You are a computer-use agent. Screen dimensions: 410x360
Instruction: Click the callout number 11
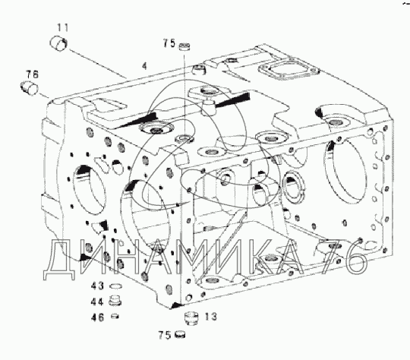point(63,27)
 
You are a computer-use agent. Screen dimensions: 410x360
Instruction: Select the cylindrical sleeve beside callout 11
point(58,43)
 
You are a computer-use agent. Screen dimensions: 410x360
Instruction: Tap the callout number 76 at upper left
point(32,74)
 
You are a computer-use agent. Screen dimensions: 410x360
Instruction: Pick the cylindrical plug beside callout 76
point(29,88)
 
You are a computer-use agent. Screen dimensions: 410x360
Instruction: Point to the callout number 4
point(144,66)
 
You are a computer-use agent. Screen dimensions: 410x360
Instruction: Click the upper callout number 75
point(169,43)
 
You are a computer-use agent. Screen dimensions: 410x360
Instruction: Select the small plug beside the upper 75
point(184,46)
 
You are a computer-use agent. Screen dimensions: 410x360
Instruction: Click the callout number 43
point(97,286)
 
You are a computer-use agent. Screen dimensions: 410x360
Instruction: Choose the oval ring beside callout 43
point(115,286)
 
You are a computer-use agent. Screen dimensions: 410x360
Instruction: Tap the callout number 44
point(97,302)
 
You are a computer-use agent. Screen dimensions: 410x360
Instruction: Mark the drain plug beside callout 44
point(115,301)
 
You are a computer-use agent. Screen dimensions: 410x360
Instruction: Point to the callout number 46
point(97,317)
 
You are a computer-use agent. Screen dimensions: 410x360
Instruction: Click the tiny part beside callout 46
point(115,316)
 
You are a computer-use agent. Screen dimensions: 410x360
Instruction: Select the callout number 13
point(210,317)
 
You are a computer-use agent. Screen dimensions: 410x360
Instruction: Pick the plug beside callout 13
point(191,318)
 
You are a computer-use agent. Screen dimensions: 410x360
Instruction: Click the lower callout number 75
point(165,335)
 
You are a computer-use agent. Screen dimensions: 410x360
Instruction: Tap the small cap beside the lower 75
point(180,335)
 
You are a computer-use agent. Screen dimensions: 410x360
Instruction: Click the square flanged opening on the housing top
point(289,69)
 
